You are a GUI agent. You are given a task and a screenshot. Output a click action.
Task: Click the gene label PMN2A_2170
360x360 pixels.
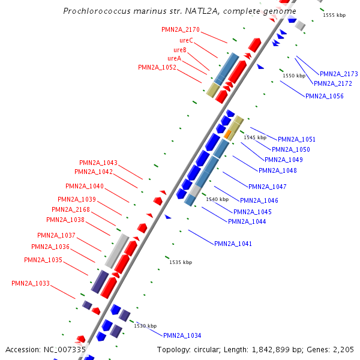pos(181,29)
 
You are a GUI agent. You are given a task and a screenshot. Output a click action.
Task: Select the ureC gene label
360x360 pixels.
pos(186,40)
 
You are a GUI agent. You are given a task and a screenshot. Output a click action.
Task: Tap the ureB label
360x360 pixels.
pos(180,50)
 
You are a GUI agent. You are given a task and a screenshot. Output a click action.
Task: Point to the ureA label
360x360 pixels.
pos(174,58)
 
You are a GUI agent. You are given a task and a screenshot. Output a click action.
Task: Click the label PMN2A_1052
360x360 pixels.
pos(157,68)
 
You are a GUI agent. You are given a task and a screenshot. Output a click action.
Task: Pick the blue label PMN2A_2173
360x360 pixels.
pos(338,74)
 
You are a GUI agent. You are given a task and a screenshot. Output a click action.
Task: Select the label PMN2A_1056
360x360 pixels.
pos(325,96)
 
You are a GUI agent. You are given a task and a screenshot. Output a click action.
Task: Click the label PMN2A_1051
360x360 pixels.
pos(296,139)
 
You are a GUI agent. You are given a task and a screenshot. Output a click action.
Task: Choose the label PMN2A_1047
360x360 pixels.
pos(268,187)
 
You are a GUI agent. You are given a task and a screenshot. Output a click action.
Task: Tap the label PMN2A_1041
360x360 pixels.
pos(233,244)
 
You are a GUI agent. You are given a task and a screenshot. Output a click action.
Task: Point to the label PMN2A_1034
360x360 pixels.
pos(182,335)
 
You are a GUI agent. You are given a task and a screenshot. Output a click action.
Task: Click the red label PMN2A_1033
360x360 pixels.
pos(31,283)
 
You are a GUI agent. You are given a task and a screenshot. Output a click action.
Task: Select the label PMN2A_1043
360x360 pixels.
pos(98,163)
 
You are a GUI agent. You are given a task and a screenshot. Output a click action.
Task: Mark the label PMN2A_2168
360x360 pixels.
pos(71,209)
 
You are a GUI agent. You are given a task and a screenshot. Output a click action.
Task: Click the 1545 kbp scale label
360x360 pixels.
pos(255,137)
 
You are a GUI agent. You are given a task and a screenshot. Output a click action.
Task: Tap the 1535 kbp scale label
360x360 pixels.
pos(181,262)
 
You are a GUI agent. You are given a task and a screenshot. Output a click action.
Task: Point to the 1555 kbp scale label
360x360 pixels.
pos(334,15)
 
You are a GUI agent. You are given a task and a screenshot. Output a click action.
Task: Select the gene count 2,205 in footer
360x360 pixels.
pos(343,349)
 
